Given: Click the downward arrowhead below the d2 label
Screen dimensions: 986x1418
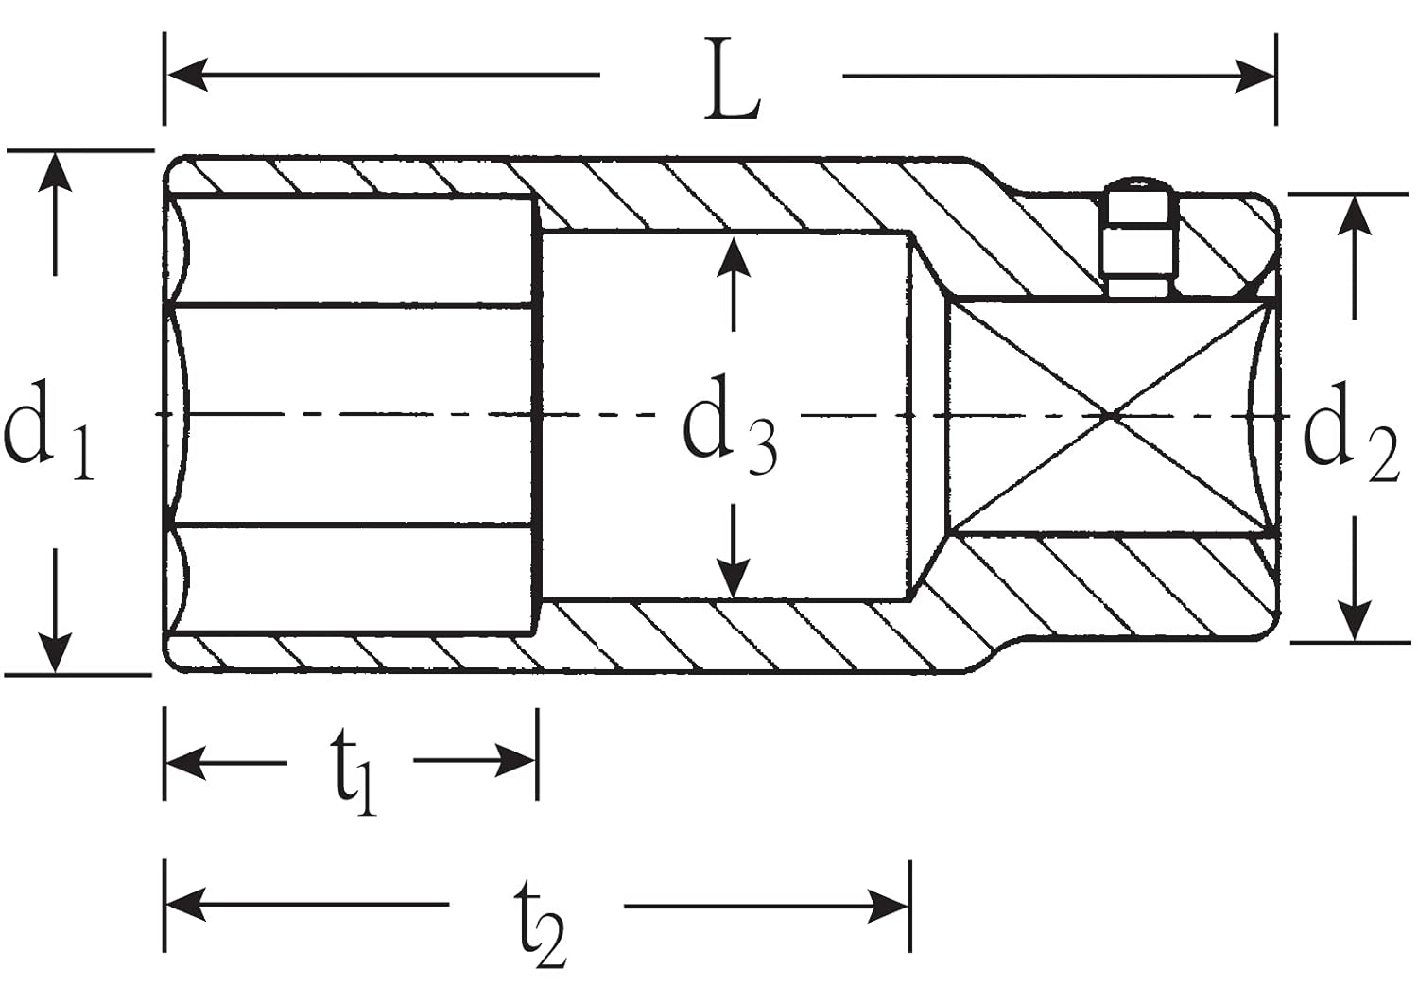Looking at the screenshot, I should point(1357,619).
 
